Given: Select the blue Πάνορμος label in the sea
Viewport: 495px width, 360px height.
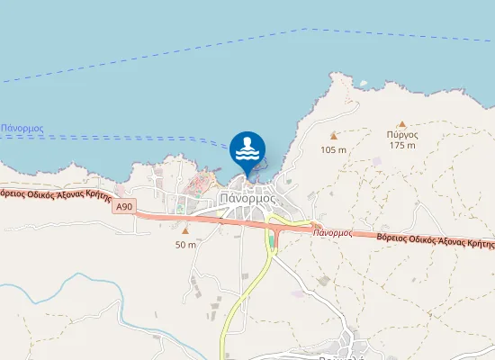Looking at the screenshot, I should point(22,129).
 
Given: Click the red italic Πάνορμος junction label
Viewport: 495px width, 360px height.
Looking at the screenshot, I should point(332,232).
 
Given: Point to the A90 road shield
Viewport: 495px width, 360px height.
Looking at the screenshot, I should point(124,207).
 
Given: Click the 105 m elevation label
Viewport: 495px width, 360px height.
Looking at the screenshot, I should point(334,150).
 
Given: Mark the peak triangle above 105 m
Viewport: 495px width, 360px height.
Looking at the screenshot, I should point(333,137).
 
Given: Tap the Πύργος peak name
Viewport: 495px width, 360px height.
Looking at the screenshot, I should point(402,134).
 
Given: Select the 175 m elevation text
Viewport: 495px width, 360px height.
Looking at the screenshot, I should point(402,145).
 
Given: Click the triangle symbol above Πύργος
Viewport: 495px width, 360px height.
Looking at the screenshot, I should point(402,123).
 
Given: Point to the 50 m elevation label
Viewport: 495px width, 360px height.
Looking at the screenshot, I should point(185,245).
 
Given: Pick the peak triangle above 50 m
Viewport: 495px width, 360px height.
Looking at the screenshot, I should point(185,231).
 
